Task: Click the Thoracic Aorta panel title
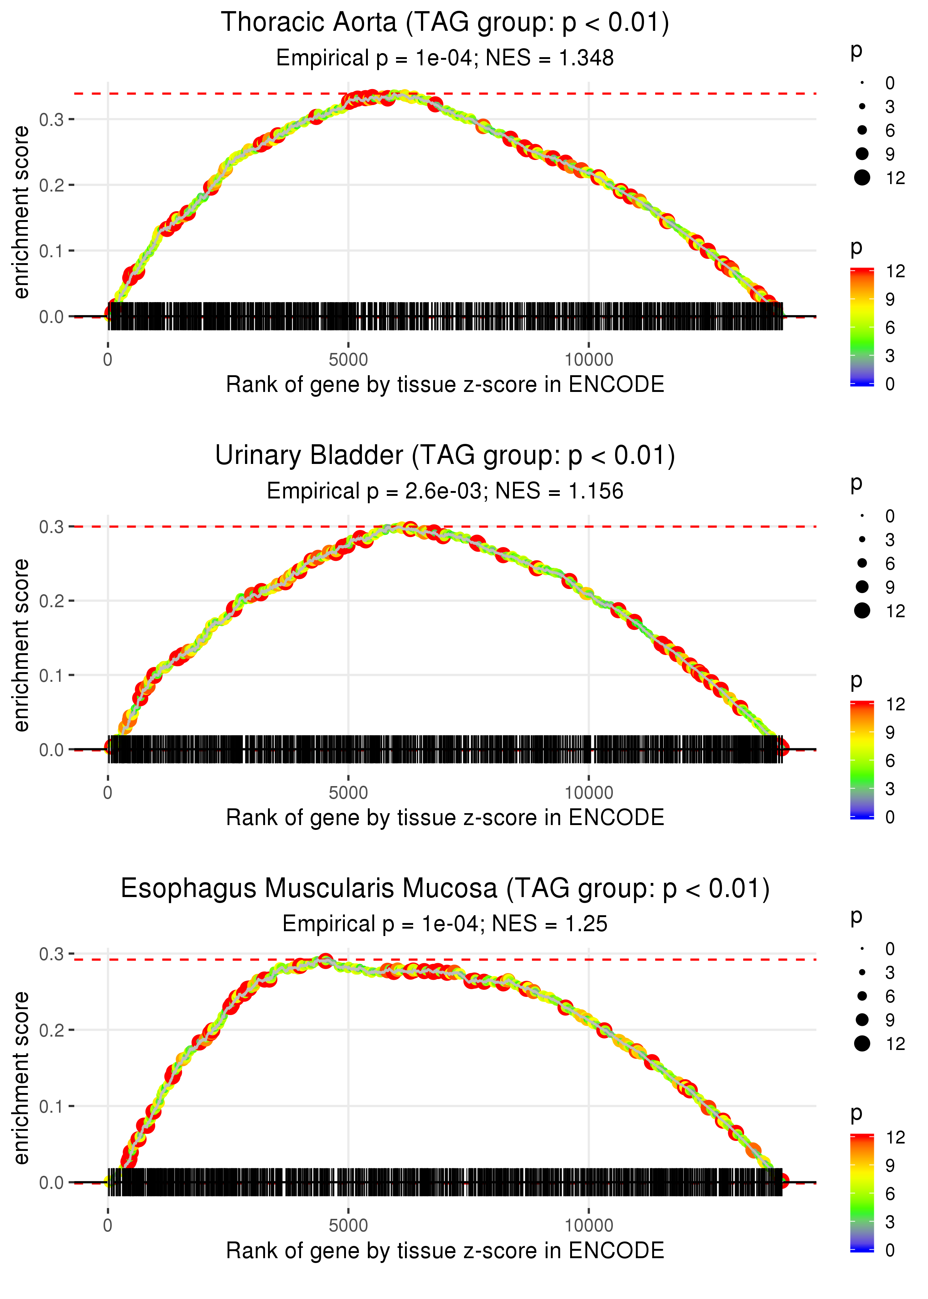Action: coord(445,23)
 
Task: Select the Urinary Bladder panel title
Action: coord(445,456)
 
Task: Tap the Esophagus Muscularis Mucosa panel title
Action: coord(445,889)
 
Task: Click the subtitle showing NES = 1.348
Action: coord(445,58)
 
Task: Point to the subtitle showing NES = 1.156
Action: coord(445,491)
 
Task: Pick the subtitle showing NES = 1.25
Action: coord(445,924)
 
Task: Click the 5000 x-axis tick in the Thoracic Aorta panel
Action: coord(348,360)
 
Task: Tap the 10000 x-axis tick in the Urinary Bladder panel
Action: coord(589,793)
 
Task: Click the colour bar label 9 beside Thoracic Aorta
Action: coord(890,300)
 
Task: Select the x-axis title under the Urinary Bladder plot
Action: coord(445,818)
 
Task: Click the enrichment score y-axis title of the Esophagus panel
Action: coord(21,1077)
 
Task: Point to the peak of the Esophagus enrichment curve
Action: coord(325,960)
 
